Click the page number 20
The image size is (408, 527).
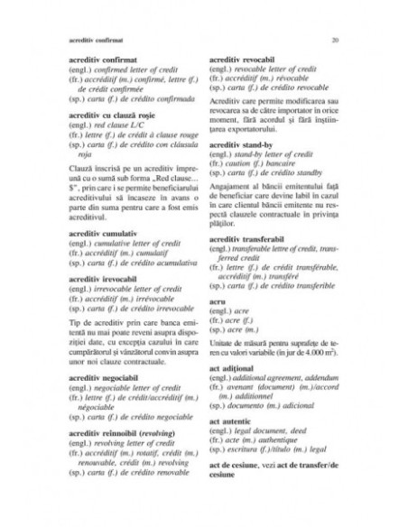(335, 42)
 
